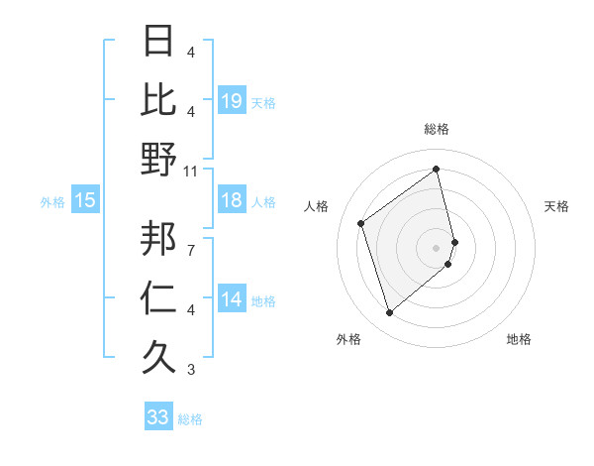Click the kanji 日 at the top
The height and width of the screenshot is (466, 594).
pyautogui.click(x=158, y=42)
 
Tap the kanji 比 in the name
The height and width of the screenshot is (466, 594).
pyautogui.click(x=158, y=100)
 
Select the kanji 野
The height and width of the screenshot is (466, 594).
pyautogui.click(x=158, y=160)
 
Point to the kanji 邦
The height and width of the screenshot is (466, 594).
pyautogui.click(x=158, y=238)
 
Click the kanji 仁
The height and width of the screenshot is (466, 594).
pyautogui.click(x=158, y=298)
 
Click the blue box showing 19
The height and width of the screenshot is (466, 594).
pyautogui.click(x=232, y=100)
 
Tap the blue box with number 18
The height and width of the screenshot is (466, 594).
pyautogui.click(x=232, y=200)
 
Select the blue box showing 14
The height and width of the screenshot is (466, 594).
pyautogui.click(x=232, y=299)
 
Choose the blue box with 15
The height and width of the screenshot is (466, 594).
pyautogui.click(x=85, y=200)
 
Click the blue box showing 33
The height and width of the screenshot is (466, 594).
pyautogui.click(x=158, y=417)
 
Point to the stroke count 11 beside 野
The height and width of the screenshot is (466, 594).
pyautogui.click(x=191, y=171)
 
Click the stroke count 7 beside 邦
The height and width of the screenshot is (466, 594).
pyautogui.click(x=191, y=249)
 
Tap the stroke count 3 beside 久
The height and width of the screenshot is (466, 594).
pyautogui.click(x=191, y=370)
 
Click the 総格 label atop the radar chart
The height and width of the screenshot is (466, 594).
pyautogui.click(x=437, y=129)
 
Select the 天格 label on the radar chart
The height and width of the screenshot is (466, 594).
pyautogui.click(x=557, y=206)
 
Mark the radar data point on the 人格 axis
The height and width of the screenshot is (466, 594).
pyautogui.click(x=361, y=223)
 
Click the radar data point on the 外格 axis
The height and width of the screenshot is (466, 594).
pyautogui.click(x=389, y=313)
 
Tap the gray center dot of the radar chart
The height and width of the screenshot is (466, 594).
pyautogui.click(x=437, y=247)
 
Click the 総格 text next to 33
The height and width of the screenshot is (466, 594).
pyautogui.click(x=190, y=419)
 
